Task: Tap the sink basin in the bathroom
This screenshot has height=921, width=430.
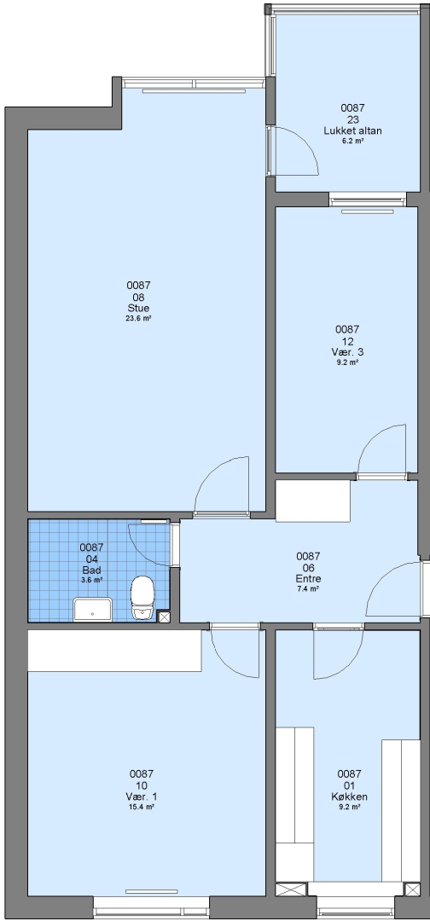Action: (93, 609)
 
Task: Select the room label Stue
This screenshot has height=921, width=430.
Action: (138, 309)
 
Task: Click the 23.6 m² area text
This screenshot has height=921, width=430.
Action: (138, 319)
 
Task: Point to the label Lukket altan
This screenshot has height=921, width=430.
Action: (352, 131)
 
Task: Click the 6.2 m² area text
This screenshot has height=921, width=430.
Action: (352, 142)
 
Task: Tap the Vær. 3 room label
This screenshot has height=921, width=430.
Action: (346, 352)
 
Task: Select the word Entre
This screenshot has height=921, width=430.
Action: (308, 578)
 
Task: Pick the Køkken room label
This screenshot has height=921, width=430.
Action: (349, 797)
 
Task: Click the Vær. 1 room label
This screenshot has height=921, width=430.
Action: (141, 797)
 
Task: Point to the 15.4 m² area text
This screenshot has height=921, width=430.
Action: (141, 808)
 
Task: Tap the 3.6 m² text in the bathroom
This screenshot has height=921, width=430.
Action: (91, 581)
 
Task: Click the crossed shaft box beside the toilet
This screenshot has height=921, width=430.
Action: (164, 617)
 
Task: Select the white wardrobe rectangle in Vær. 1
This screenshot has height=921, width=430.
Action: (114, 651)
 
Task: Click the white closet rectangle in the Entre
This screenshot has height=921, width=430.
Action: (313, 501)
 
